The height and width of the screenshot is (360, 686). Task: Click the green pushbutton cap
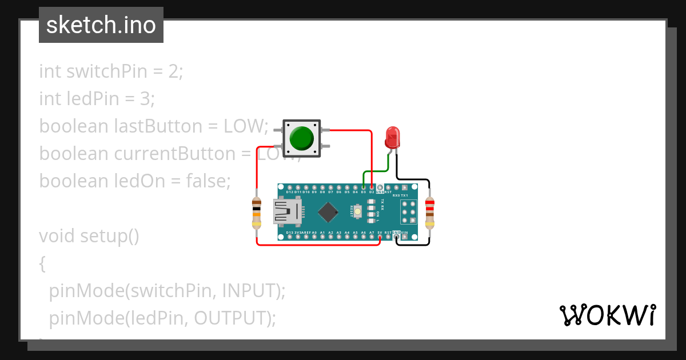(301, 138)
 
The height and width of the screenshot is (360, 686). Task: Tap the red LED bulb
(392, 137)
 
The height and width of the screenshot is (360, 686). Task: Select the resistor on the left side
(257, 213)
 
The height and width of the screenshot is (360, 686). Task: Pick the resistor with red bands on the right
(429, 212)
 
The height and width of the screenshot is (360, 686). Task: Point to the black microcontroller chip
(328, 212)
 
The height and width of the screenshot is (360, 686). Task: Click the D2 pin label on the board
(372, 192)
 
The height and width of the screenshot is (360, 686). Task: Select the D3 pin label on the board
(363, 192)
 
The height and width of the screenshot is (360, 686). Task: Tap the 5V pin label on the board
(380, 233)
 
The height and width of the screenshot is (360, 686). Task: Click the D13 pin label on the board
(289, 233)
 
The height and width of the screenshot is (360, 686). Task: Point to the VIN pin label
(404, 233)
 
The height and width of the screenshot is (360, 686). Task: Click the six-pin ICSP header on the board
(409, 212)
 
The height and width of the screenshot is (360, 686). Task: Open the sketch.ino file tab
(101, 25)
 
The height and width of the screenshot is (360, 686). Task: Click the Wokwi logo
(607, 315)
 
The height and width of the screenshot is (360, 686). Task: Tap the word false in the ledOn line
(206, 181)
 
